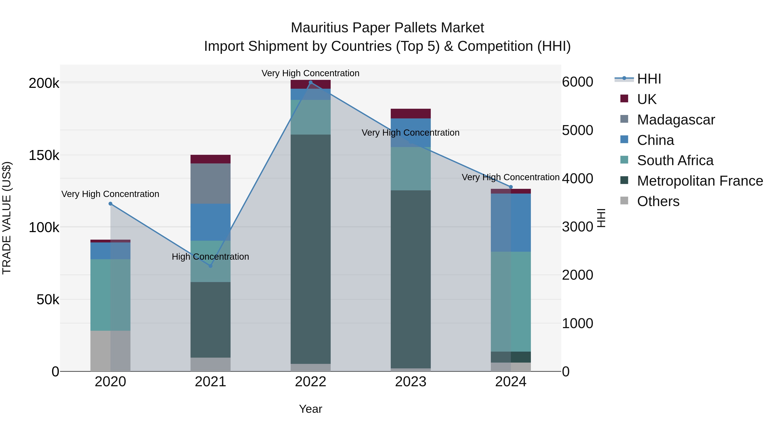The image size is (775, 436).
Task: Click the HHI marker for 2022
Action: click(310, 82)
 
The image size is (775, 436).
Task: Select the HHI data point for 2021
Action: click(211, 266)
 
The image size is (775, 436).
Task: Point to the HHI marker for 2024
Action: click(511, 187)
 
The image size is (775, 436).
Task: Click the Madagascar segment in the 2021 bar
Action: click(211, 183)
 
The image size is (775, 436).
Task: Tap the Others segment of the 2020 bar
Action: click(110, 351)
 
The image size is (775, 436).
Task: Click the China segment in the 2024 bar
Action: click(511, 223)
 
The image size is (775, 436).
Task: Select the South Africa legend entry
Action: click(675, 160)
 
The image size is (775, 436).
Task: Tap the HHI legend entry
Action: click(649, 79)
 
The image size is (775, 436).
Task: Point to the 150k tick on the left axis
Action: click(44, 156)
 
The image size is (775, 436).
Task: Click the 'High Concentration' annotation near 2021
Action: click(210, 257)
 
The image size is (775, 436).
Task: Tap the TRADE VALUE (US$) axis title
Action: click(7, 218)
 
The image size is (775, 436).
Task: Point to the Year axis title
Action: click(310, 409)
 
